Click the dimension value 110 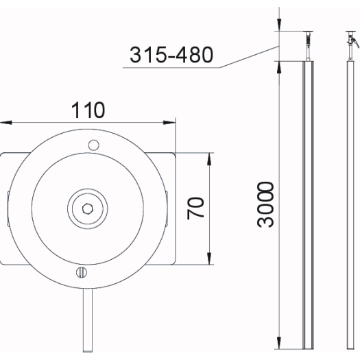[x=88, y=110]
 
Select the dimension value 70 [x=195, y=208]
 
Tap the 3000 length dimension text [x=265, y=204]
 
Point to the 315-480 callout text [x=171, y=55]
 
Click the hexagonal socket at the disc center [x=88, y=208]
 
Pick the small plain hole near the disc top [x=94, y=145]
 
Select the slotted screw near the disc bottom [x=82, y=272]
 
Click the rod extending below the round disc [x=88, y=320]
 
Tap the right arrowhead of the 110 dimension [x=169, y=123]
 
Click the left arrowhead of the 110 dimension [x=6, y=123]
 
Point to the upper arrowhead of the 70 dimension [x=209, y=159]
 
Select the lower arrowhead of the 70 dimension [x=209, y=259]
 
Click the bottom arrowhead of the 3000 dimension [x=279, y=343]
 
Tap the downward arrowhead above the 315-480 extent [x=279, y=25]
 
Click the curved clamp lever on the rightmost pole [x=355, y=43]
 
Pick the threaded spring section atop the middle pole [x=309, y=40]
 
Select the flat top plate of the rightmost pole [x=350, y=32]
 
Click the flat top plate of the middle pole [x=309, y=32]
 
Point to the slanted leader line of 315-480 [x=249, y=57]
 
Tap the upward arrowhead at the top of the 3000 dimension [x=279, y=67]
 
